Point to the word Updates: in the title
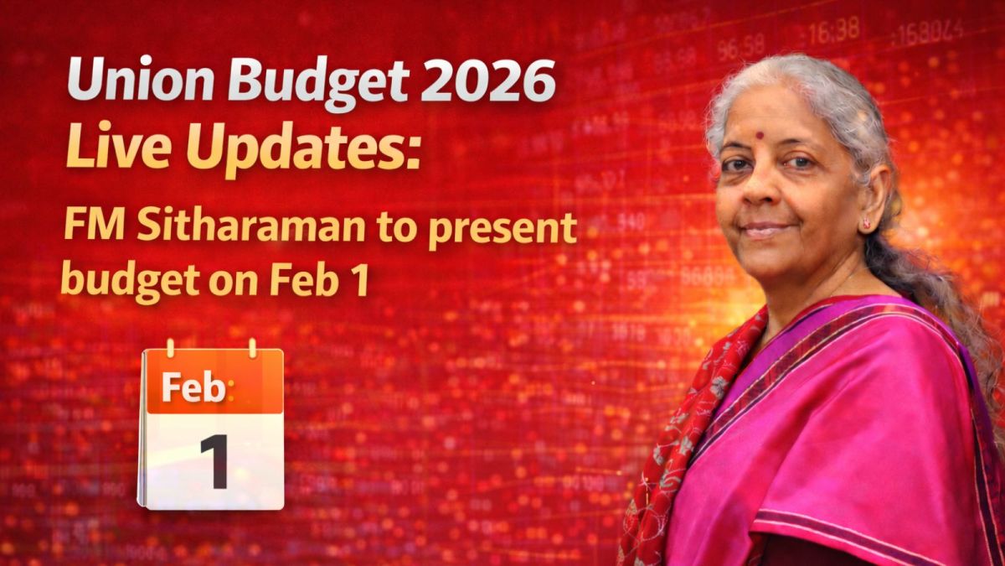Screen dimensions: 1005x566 click(303, 148)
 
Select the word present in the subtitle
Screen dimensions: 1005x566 click(502, 231)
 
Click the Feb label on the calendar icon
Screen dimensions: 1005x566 click(193, 387)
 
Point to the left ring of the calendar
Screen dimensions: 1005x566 click(170, 348)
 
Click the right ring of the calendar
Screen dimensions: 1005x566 click(253, 348)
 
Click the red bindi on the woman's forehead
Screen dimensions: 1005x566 click(760, 135)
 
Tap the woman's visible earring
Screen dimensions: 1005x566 click(865, 222)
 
